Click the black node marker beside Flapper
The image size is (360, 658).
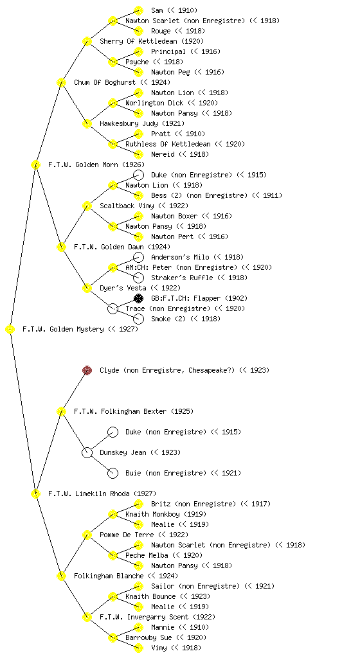click(x=138, y=298)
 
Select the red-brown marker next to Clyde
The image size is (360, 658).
click(x=87, y=370)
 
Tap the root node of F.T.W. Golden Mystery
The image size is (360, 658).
click(x=10, y=330)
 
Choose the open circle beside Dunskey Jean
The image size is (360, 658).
click(x=87, y=452)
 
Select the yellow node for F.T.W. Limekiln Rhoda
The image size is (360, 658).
click(x=35, y=494)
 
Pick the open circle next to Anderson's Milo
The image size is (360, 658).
click(x=138, y=257)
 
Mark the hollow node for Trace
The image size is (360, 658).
click(x=113, y=308)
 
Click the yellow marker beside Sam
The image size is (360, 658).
click(x=138, y=10)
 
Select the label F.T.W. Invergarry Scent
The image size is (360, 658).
click(x=145, y=617)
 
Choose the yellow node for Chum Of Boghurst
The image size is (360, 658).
click(x=61, y=82)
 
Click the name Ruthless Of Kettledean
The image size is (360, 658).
click(x=168, y=144)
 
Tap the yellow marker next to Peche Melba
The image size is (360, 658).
click(x=113, y=555)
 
